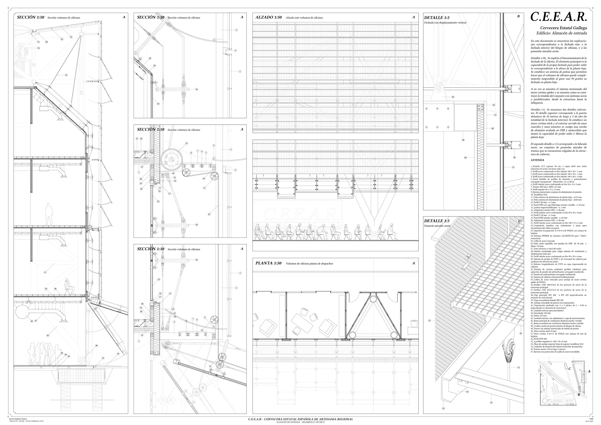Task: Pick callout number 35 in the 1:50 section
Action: [66, 75]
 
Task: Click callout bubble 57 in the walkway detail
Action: [430, 320]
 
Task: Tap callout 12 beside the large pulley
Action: [186, 143]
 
